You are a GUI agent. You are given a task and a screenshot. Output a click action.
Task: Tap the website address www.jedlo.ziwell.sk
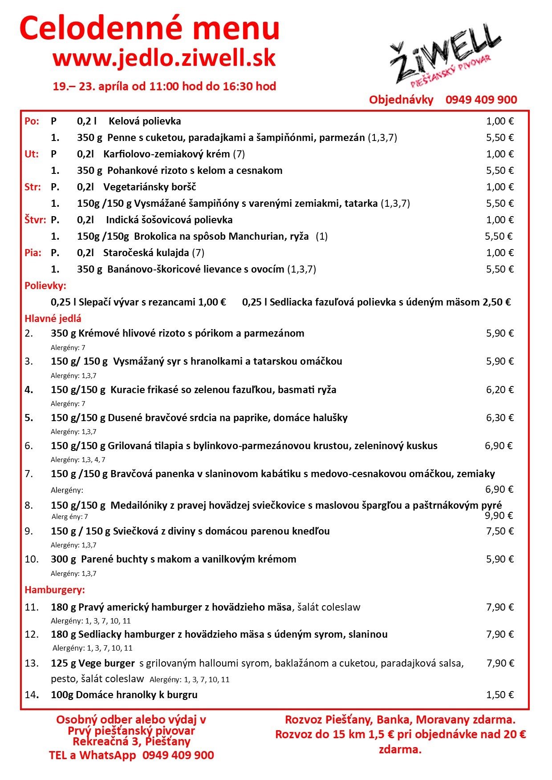164,58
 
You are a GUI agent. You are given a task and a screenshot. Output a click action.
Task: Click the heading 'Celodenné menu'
150,28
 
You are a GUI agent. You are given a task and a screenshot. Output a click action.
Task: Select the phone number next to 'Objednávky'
481,100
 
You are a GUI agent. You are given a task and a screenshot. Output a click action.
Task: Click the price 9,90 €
499,515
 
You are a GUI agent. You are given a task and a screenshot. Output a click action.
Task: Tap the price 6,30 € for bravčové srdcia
499,418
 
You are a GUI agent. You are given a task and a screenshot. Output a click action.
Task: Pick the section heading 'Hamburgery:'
55,590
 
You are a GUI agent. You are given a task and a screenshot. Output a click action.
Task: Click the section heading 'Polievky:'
45,285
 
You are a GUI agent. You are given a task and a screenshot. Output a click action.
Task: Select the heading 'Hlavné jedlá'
53,318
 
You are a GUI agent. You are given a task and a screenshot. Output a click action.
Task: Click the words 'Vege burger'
107,663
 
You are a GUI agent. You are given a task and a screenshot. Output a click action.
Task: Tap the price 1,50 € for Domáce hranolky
499,695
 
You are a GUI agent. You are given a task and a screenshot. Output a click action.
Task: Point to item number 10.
32,559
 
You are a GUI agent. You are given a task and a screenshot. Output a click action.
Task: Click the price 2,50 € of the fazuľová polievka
496,302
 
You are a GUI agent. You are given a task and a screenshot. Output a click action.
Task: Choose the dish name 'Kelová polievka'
145,121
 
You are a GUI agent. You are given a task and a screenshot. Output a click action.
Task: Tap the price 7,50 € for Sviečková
499,531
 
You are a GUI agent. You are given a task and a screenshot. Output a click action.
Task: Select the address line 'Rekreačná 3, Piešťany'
131,742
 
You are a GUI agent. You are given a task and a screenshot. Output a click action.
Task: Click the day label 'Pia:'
33,253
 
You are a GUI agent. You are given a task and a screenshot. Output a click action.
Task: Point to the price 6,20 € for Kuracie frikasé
499,390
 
